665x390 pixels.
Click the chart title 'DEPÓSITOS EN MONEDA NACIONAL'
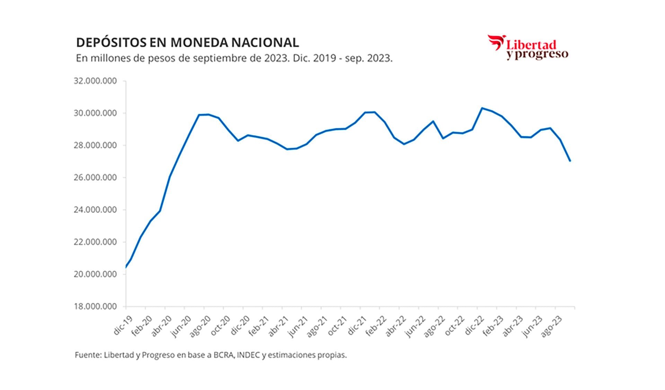(x=187, y=43)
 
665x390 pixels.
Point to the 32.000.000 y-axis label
(x=95, y=81)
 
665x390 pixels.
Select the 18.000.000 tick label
(x=95, y=307)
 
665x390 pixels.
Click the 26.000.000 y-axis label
(x=95, y=178)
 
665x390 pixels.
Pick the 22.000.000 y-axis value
(x=95, y=242)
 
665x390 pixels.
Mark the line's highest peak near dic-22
(x=482, y=108)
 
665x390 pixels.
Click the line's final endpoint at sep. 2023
(x=570, y=161)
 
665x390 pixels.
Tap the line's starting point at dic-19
(x=126, y=267)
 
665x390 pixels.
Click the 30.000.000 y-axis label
(x=95, y=113)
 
